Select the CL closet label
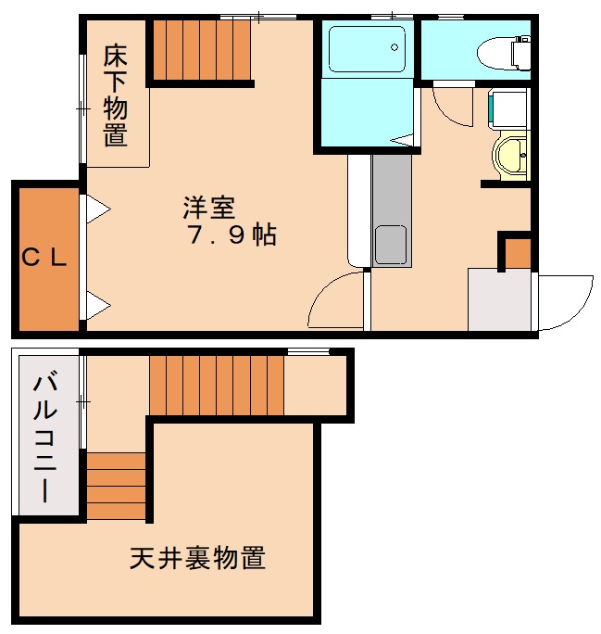coord(45,260)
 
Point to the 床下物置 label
coord(115,95)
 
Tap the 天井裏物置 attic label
coord(198,559)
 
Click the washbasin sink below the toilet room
coord(510,155)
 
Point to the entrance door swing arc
coord(567,302)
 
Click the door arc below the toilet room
coord(451,109)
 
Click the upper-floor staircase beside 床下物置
coord(201,50)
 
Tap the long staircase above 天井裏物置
coord(216,385)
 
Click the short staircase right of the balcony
coord(117,485)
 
